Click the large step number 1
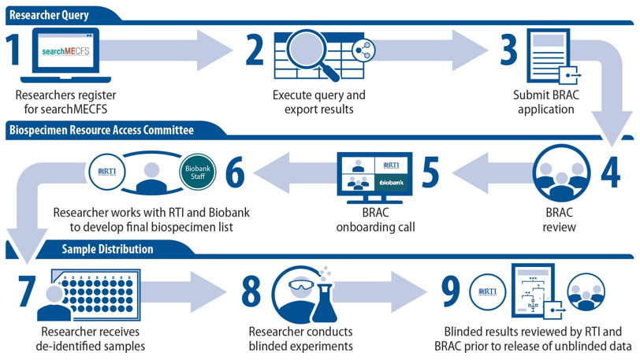[14, 50]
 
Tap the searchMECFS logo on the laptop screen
[65, 51]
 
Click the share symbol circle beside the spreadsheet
[363, 50]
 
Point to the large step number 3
[508, 50]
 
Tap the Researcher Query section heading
[49, 15]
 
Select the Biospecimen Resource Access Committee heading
[101, 130]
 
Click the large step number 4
[611, 173]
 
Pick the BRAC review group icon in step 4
[561, 173]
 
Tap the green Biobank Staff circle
[198, 173]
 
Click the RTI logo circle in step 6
[107, 173]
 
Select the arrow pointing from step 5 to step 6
[295, 173]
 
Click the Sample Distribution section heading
[107, 249]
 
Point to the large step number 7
[27, 291]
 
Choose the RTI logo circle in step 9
[488, 292]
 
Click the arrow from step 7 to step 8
[184, 291]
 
